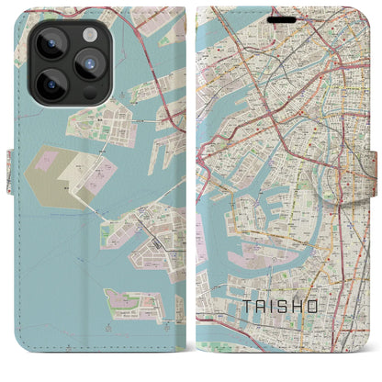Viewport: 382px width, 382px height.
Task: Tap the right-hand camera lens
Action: pos(88,63)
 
